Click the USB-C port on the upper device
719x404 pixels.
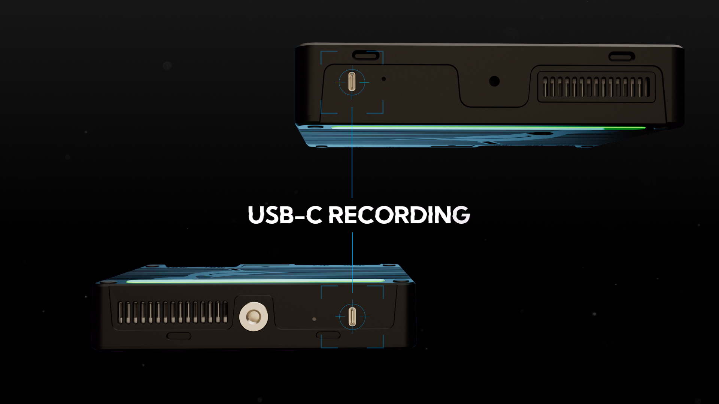click(352, 82)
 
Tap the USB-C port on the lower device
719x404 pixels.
click(352, 316)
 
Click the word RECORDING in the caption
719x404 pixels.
click(399, 215)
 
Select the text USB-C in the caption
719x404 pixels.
click(285, 215)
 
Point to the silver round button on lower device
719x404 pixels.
click(254, 316)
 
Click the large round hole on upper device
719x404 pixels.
click(494, 81)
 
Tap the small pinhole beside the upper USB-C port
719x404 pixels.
click(383, 79)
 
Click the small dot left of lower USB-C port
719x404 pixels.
click(314, 319)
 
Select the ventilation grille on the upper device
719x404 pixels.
click(596, 87)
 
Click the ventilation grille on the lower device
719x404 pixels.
click(173, 312)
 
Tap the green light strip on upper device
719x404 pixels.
click(487, 128)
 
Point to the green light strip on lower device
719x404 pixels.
click(255, 281)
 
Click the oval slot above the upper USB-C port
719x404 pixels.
click(365, 56)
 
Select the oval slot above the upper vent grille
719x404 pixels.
click(622, 57)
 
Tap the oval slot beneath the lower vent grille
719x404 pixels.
click(179, 336)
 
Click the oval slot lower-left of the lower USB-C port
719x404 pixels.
click(328, 335)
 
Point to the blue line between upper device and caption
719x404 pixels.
click(352, 157)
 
